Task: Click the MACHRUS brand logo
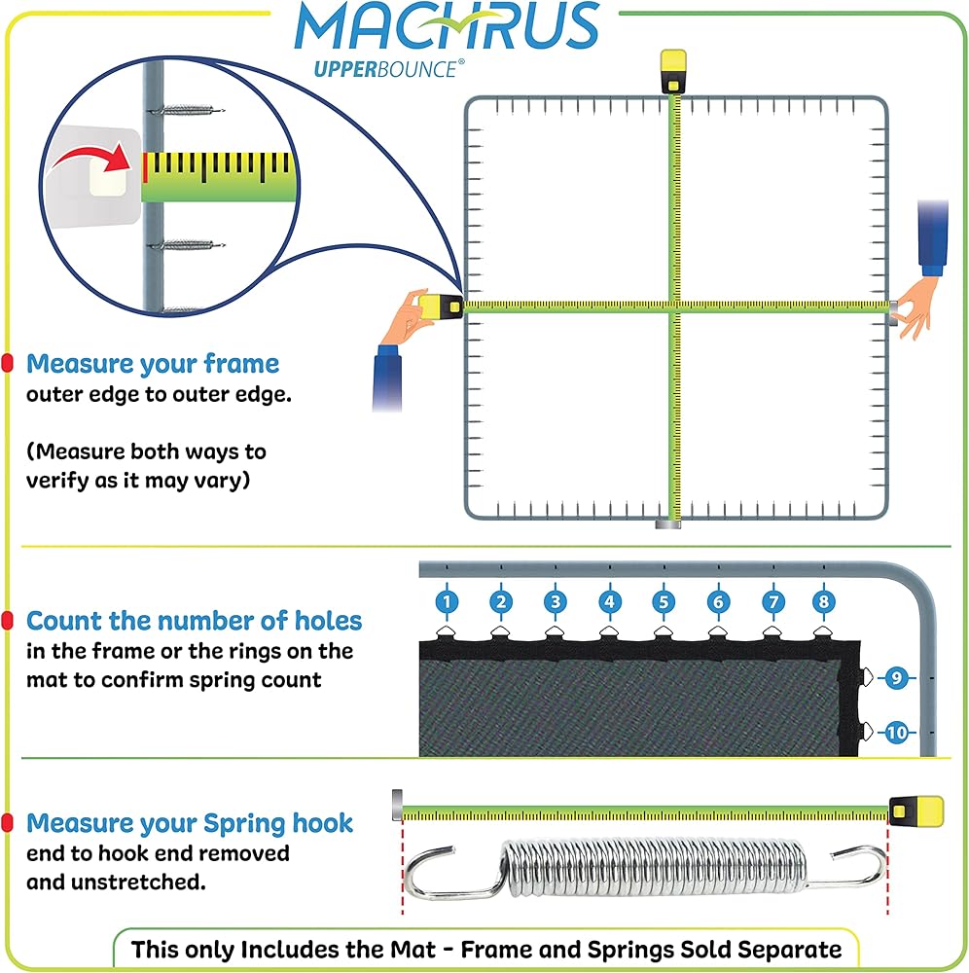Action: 447,26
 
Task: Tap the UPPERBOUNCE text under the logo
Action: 389,69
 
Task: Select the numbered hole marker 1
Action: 447,601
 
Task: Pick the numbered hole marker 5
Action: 664,601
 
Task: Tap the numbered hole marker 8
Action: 824,601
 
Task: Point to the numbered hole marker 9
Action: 896,677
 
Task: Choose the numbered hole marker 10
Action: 896,733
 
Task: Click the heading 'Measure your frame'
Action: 153,364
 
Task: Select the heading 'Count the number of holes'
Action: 195,621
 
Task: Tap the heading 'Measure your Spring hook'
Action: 190,823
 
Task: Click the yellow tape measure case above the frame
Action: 673,71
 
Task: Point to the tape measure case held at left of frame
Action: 441,306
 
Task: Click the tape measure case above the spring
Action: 916,811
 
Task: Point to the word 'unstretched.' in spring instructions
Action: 138,882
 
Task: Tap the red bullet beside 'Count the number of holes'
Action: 8,620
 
